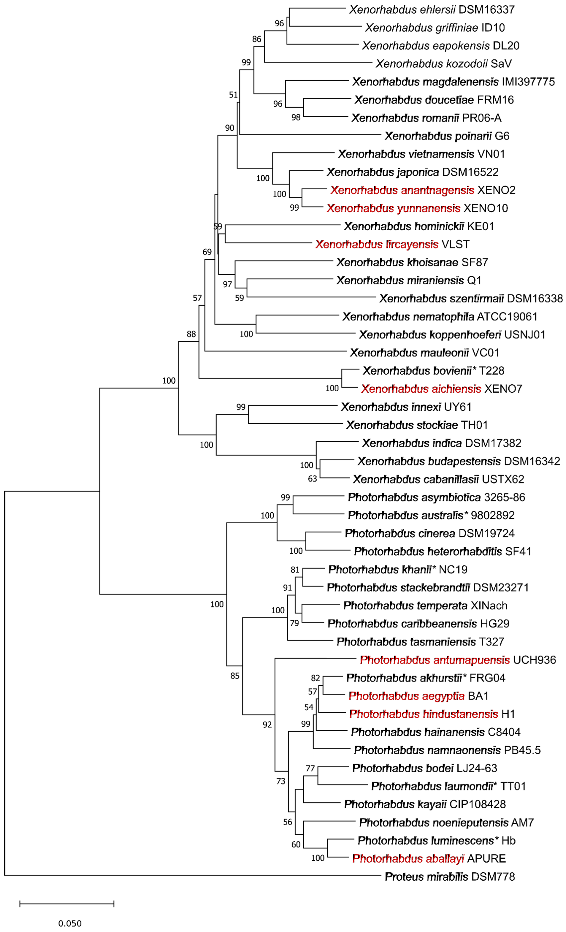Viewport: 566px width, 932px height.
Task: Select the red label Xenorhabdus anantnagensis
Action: tap(402, 190)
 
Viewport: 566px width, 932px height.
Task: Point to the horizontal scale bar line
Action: tap(67, 904)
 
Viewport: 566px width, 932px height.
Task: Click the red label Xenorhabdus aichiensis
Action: tap(421, 389)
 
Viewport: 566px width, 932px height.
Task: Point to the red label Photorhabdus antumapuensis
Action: tap(435, 660)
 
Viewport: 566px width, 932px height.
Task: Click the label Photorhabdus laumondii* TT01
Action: tap(448, 786)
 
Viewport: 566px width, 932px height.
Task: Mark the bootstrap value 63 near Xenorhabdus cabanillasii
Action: tap(312, 479)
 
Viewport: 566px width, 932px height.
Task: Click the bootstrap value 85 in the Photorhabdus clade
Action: tap(235, 676)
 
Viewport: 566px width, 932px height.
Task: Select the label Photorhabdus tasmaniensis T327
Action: tap(420, 642)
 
